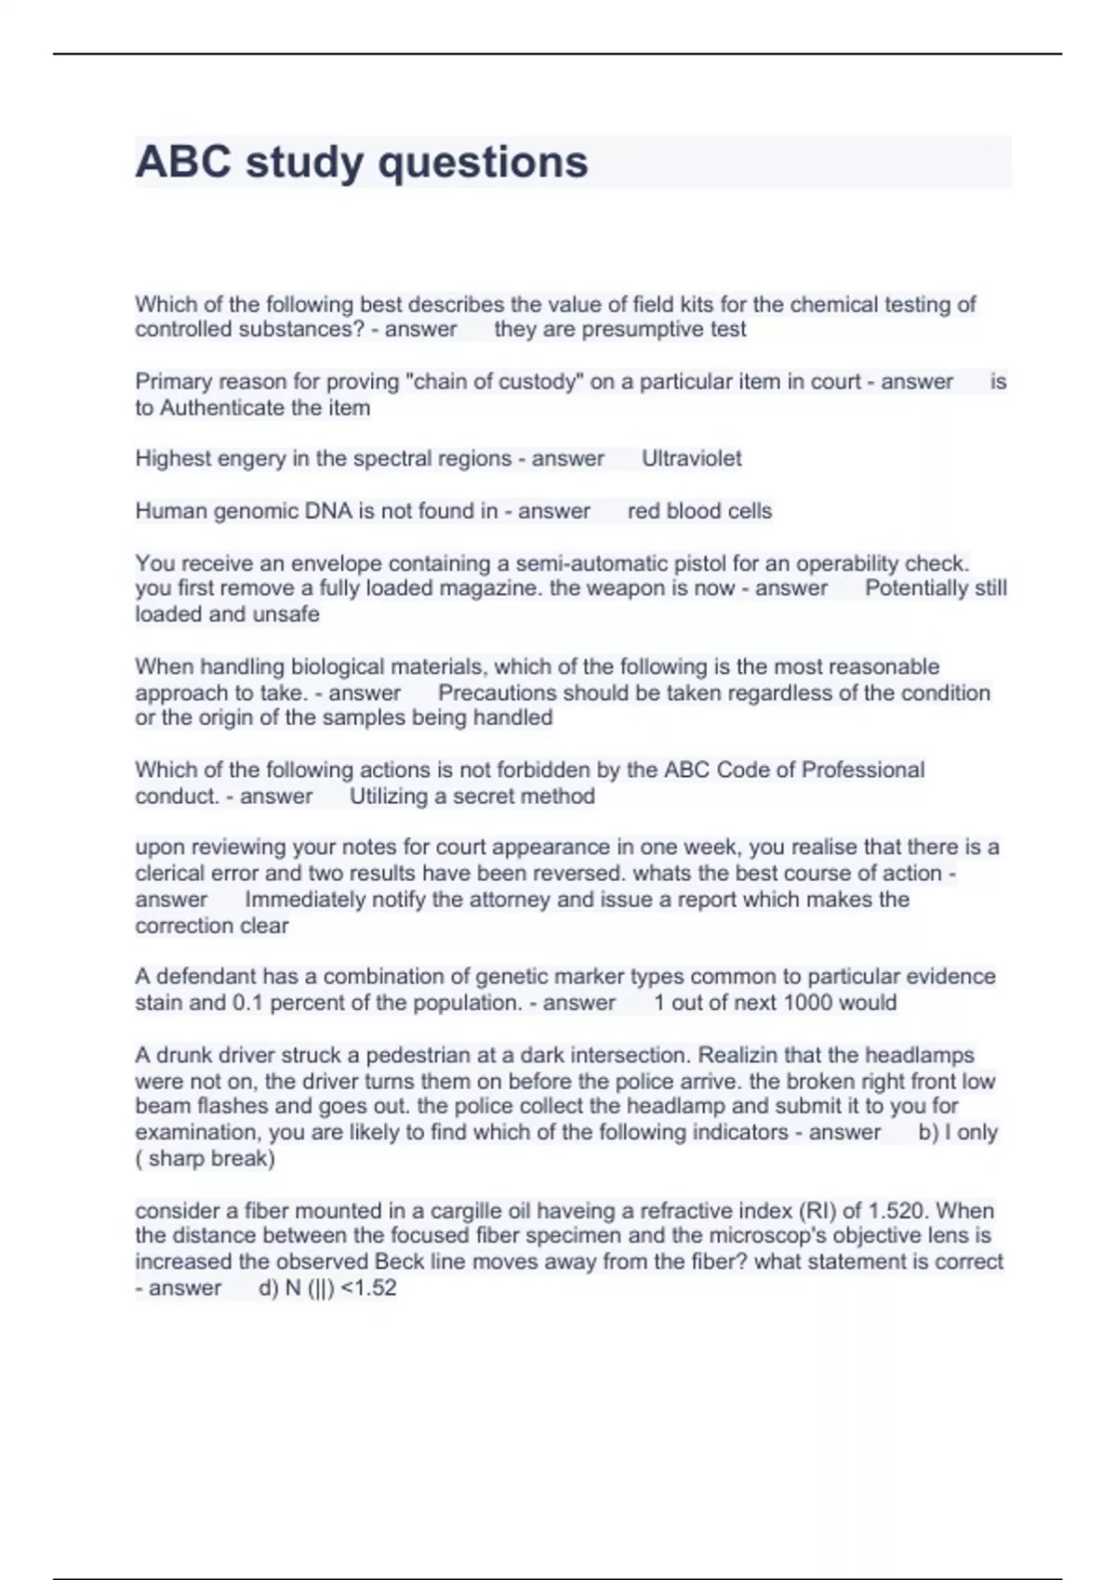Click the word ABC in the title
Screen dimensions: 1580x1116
click(183, 162)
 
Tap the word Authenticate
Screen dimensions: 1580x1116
click(219, 408)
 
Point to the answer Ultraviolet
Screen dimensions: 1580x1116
click(692, 458)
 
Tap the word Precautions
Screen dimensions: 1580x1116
click(498, 693)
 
